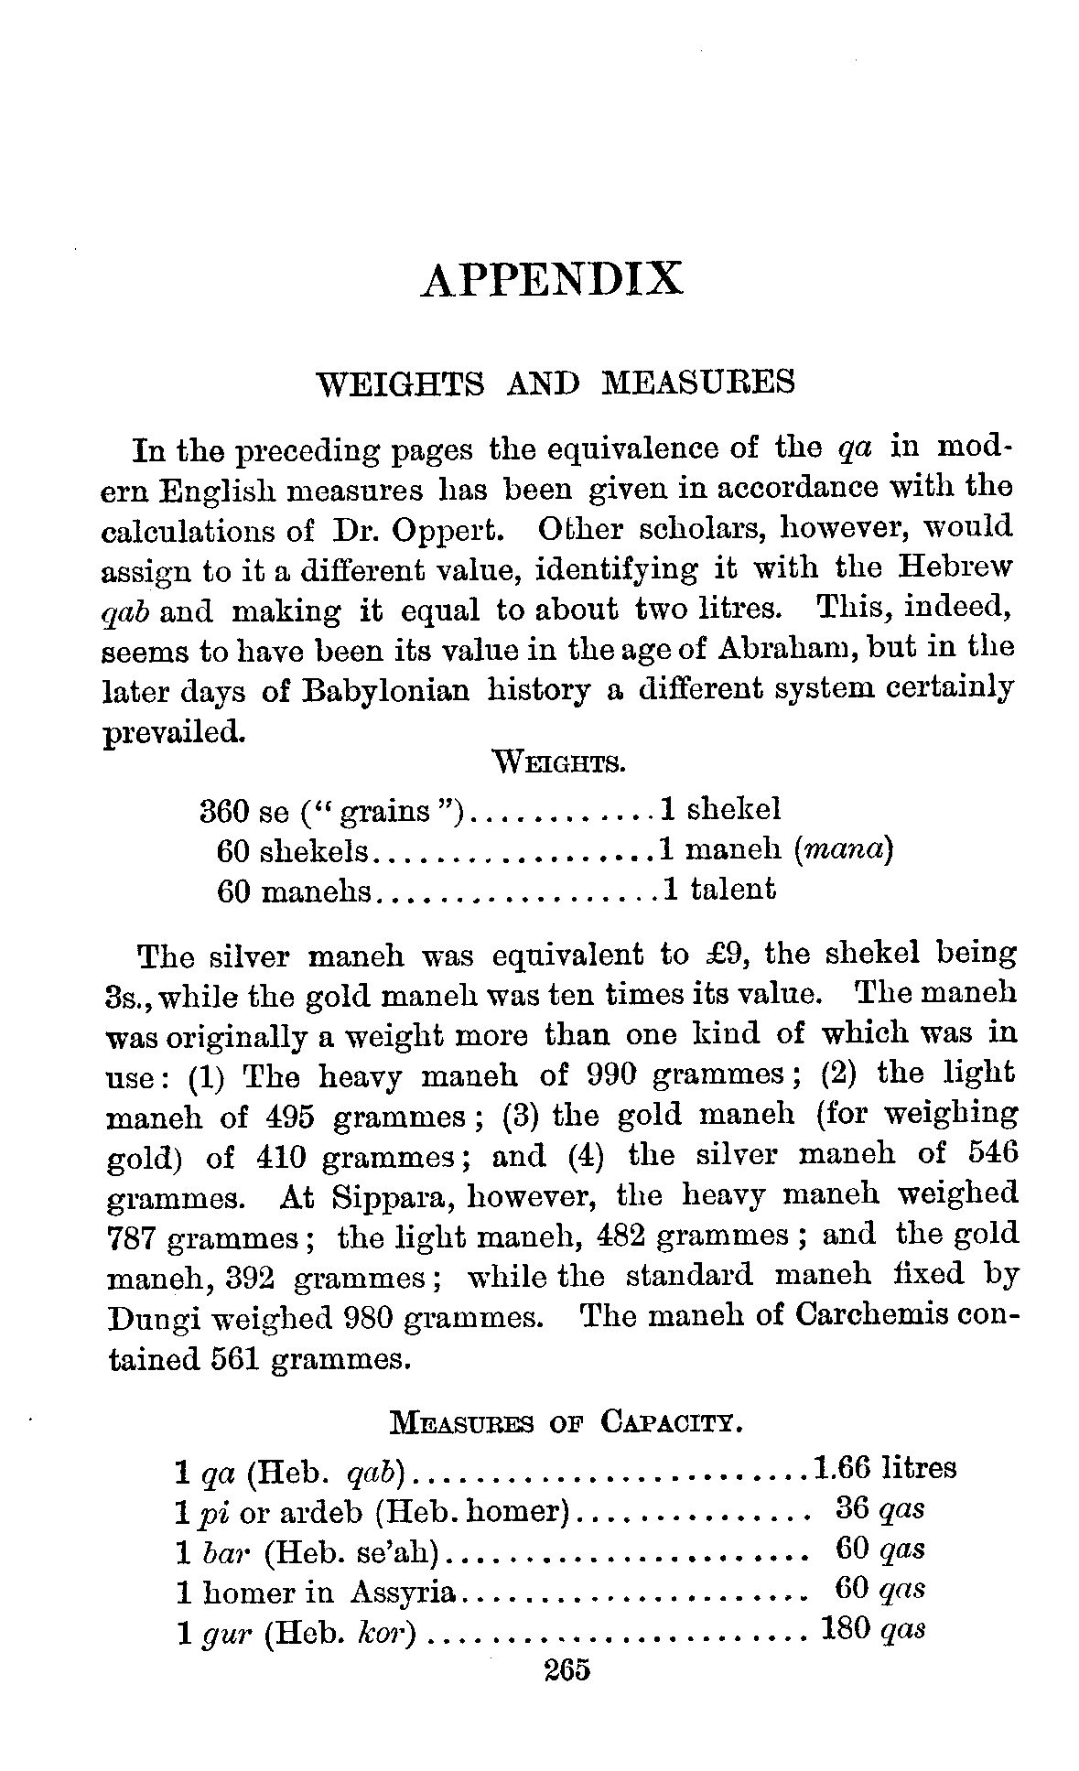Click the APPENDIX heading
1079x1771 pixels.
tap(552, 279)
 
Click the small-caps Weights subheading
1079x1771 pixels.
tap(558, 761)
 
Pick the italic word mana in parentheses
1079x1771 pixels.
tap(842, 851)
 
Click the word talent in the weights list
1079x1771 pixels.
tap(733, 889)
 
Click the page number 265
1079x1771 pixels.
tap(568, 1668)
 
